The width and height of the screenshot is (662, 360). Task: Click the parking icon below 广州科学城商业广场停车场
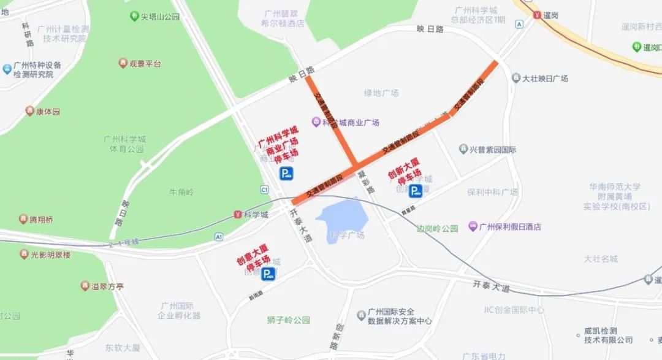[x=286, y=174]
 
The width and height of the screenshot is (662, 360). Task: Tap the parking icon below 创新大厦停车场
[x=415, y=192]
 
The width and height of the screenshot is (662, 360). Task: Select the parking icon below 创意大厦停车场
[x=268, y=274]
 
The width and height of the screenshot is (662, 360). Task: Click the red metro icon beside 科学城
[x=238, y=214]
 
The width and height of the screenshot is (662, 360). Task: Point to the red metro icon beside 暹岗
[x=537, y=15]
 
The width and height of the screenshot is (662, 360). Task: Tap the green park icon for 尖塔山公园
[x=134, y=17]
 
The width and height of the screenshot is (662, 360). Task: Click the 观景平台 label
[x=145, y=63]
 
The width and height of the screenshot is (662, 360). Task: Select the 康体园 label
[x=48, y=112]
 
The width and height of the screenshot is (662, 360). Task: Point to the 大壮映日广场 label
[x=544, y=79]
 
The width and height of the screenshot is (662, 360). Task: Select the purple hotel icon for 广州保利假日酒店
[x=473, y=226]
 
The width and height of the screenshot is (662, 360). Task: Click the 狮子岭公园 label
[x=289, y=320]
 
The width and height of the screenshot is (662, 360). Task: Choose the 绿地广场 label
[x=381, y=93]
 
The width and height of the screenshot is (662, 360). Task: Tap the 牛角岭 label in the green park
[x=181, y=192]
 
